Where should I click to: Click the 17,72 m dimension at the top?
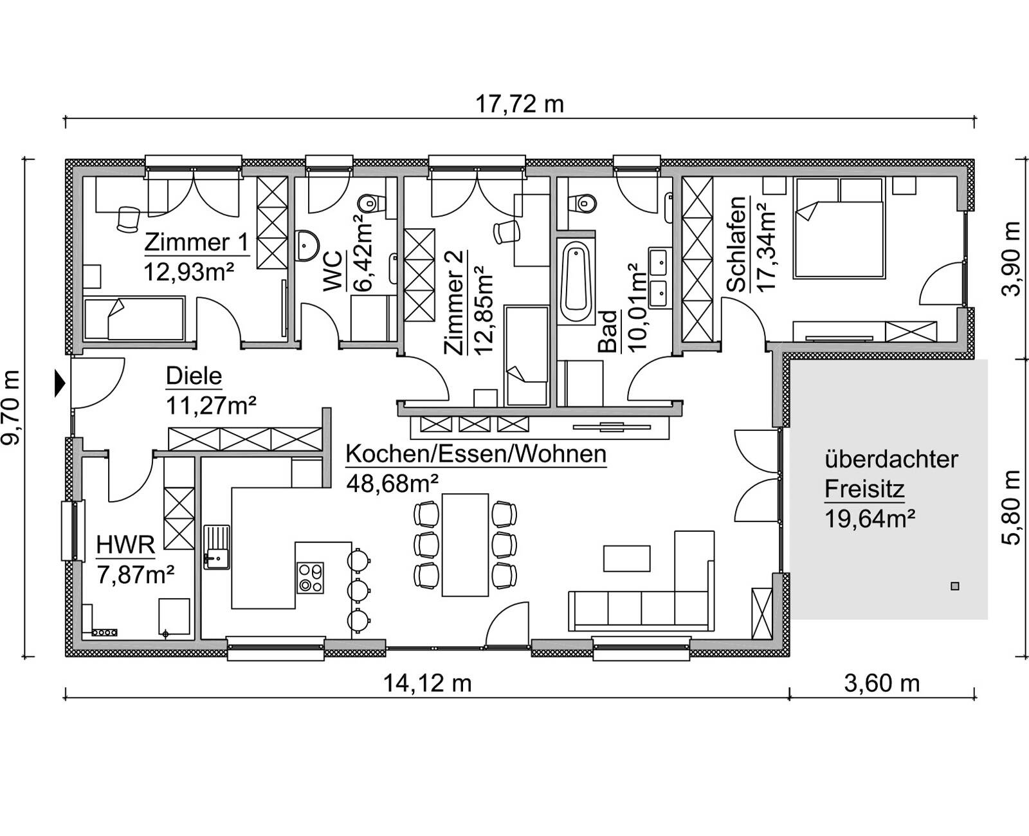pyautogui.click(x=519, y=104)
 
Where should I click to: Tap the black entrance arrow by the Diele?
pyautogui.click(x=60, y=384)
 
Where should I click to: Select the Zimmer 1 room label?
pyautogui.click(x=196, y=242)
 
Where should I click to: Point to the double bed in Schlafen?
pyautogui.click(x=839, y=228)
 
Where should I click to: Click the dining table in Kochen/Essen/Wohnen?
pyautogui.click(x=465, y=545)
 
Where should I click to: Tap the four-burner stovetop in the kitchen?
pyautogui.click(x=310, y=577)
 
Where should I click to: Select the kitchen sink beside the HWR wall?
pyautogui.click(x=217, y=547)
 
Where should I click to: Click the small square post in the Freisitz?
pyautogui.click(x=954, y=586)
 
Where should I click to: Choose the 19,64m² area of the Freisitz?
pyautogui.click(x=870, y=518)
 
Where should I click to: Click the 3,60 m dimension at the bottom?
pyautogui.click(x=882, y=683)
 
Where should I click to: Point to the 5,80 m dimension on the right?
pyautogui.click(x=1012, y=508)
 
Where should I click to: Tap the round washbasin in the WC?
pyautogui.click(x=308, y=244)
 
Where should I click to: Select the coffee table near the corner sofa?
pyautogui.click(x=627, y=558)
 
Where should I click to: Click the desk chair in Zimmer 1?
pyautogui.click(x=129, y=219)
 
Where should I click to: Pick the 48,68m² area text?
pyautogui.click(x=392, y=482)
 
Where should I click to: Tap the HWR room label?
pyautogui.click(x=125, y=545)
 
